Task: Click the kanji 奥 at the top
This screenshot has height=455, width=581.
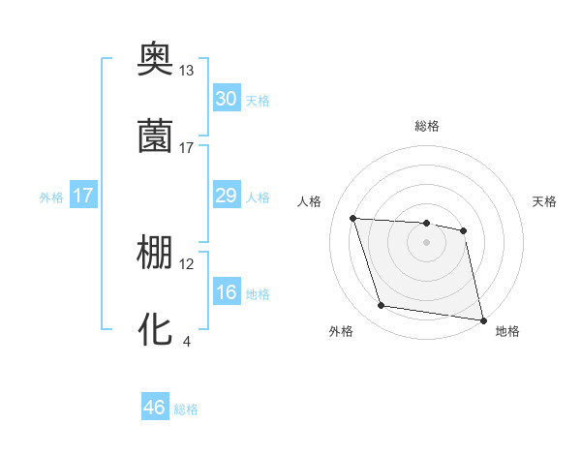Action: click(156, 61)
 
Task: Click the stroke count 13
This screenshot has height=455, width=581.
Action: click(187, 71)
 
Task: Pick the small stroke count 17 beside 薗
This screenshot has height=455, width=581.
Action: click(187, 147)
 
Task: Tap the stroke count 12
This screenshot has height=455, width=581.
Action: click(187, 263)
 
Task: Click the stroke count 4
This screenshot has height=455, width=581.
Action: click(187, 341)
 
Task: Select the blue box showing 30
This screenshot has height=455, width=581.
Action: click(226, 99)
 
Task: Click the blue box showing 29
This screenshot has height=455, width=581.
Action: click(226, 196)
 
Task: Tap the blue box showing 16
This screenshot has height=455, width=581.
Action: click(226, 292)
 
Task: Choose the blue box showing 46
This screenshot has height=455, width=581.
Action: click(155, 408)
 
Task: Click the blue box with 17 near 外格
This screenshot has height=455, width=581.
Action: click(83, 196)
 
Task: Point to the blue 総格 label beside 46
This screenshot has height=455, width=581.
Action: click(186, 409)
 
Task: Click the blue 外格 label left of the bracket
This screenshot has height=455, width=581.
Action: click(51, 197)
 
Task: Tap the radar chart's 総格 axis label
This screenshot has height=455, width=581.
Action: click(427, 126)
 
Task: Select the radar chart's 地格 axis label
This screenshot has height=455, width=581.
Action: click(507, 331)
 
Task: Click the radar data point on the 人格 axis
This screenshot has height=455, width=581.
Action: click(353, 218)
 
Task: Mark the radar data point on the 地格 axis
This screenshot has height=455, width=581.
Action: click(481, 319)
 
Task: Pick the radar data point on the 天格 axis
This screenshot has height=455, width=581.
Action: click(464, 230)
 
